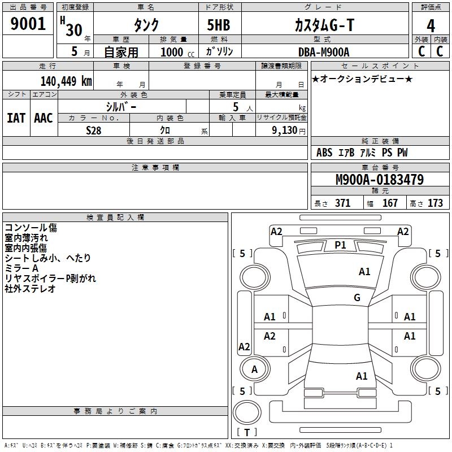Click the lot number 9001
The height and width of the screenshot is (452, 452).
point(28,24)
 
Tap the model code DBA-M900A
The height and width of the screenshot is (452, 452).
point(324,52)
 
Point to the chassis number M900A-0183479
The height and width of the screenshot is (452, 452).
point(380,180)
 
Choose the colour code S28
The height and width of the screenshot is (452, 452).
point(94,130)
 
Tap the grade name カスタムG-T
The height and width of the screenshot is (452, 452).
point(324,25)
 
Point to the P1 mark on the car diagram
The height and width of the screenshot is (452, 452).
point(340,245)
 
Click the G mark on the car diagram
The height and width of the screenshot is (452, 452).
point(357,298)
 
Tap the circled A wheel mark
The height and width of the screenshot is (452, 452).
point(255,370)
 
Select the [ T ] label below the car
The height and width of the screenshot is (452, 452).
point(246,432)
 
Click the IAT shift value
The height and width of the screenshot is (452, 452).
point(16,118)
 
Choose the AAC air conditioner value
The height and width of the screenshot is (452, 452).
point(44,118)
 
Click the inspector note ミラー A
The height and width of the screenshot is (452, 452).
point(21,268)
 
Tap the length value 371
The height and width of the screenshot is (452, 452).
point(342,203)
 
